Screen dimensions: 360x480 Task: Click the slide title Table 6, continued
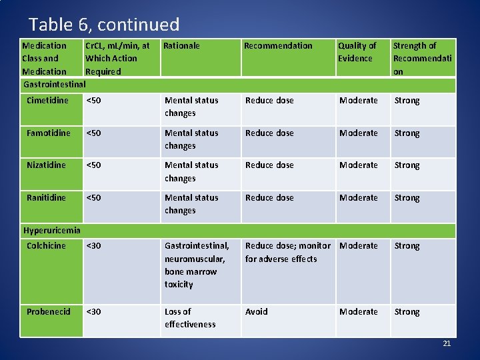tap(104, 25)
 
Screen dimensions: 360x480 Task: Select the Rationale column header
tap(181, 46)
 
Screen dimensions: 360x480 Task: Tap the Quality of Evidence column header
tap(357, 52)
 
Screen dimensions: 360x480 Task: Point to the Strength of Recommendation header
tap(422, 59)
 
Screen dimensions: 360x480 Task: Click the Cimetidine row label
tap(47, 101)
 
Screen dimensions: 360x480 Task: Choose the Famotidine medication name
tap(48, 133)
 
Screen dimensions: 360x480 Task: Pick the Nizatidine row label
tap(46, 165)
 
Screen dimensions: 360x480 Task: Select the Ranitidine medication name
tap(46, 198)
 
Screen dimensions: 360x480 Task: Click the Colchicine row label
tap(46, 246)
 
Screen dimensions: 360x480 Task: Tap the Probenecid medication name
tap(48, 312)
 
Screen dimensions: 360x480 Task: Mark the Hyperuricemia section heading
tap(52, 231)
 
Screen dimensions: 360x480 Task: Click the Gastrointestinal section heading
tap(55, 85)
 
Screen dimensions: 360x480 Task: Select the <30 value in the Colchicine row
tap(94, 246)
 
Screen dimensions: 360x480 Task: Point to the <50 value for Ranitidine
tap(94, 198)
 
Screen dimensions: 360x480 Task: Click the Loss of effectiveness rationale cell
tap(190, 318)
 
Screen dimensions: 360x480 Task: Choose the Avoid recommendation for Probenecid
tap(257, 312)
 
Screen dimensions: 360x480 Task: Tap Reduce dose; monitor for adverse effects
tap(287, 253)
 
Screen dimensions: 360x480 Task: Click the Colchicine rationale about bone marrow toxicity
tap(197, 265)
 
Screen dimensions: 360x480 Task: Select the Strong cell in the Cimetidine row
tap(407, 101)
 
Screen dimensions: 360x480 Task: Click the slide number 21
tap(447, 343)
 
